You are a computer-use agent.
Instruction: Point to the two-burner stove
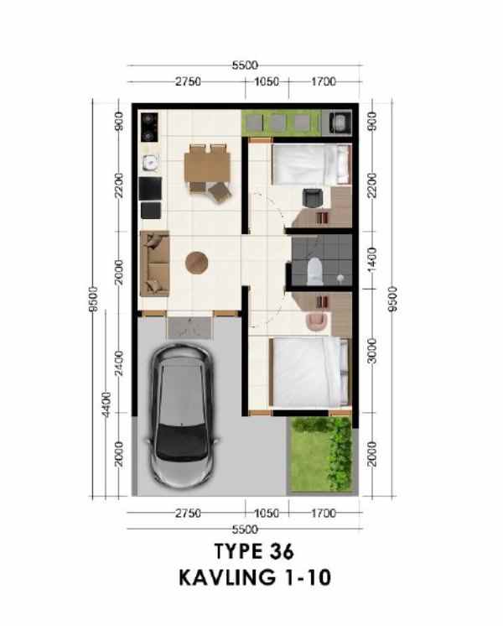(x=150, y=127)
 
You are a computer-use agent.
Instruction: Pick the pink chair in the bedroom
(x=316, y=320)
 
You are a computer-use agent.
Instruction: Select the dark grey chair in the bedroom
(x=310, y=198)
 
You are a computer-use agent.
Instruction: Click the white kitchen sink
(x=150, y=162)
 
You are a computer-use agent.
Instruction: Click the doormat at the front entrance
(x=191, y=326)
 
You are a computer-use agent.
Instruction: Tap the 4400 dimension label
(x=106, y=404)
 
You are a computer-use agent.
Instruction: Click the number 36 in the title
(x=277, y=551)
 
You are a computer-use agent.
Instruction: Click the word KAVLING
(x=217, y=576)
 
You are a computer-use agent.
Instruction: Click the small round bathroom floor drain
(x=340, y=278)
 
